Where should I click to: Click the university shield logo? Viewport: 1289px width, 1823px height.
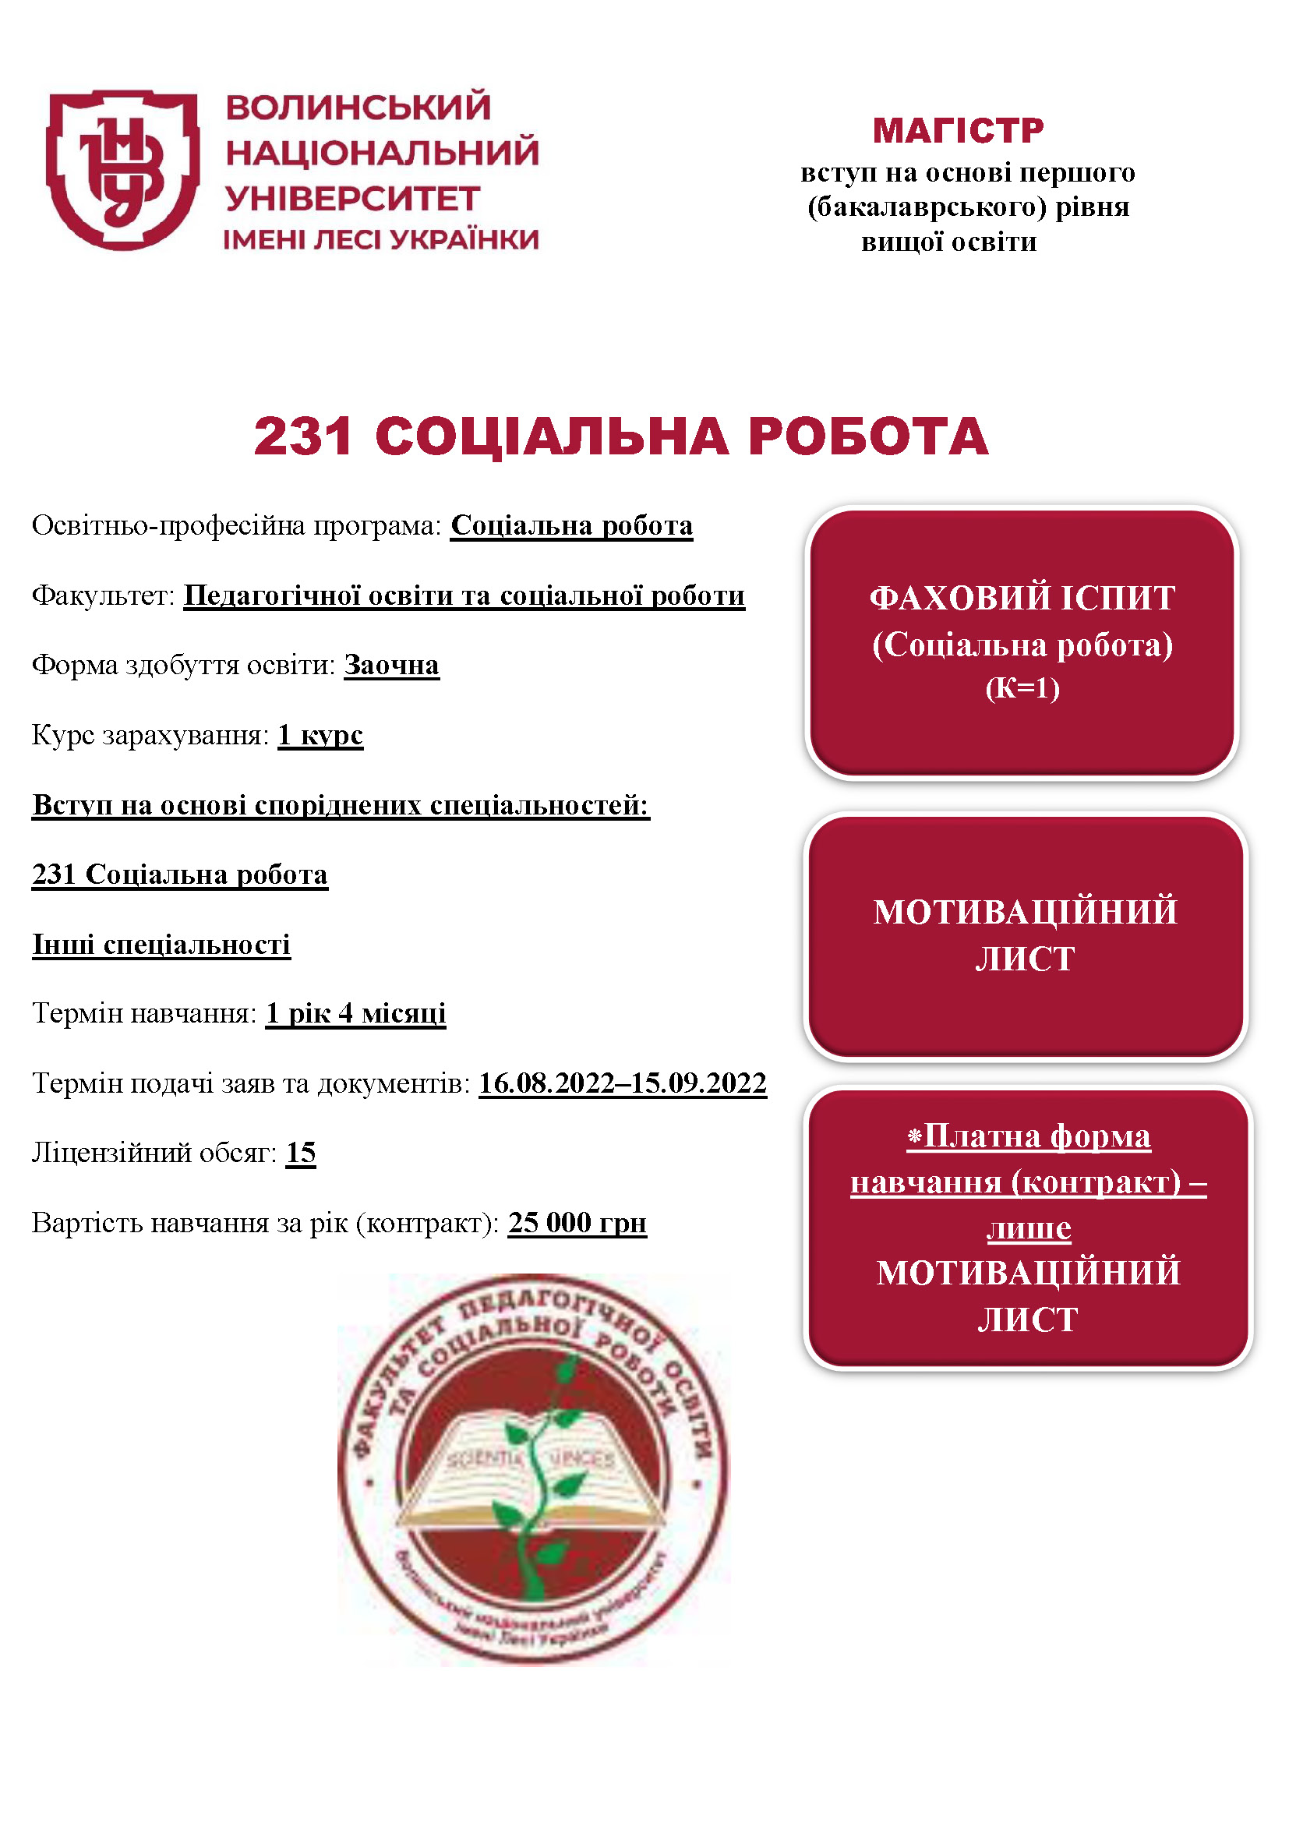(x=122, y=169)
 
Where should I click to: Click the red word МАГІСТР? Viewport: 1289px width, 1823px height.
(x=958, y=130)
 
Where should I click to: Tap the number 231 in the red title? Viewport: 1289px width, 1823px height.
(x=303, y=436)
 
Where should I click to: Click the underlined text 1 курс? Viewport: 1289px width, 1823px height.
(x=320, y=735)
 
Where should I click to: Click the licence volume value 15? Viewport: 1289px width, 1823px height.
(x=301, y=1153)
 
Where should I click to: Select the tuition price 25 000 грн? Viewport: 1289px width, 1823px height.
(x=577, y=1223)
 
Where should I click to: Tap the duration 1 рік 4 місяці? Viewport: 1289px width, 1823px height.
(x=355, y=1014)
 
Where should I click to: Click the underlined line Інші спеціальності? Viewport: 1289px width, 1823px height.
(x=161, y=945)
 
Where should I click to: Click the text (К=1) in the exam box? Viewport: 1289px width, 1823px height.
(x=1022, y=687)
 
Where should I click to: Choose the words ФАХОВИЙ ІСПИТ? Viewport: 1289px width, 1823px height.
(x=1022, y=599)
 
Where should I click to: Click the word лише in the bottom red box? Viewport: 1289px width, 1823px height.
(x=1029, y=1228)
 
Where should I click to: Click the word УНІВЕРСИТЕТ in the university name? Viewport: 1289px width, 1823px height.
(x=353, y=199)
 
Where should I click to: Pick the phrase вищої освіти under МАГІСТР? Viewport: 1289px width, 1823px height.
(x=949, y=242)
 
